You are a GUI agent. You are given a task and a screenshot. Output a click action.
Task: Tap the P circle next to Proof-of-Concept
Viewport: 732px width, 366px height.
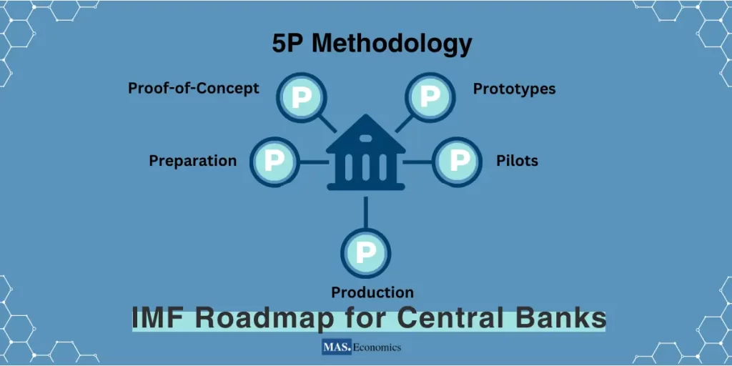[x=301, y=97]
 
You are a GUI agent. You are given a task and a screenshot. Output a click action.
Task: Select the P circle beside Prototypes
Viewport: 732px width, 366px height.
[x=430, y=97]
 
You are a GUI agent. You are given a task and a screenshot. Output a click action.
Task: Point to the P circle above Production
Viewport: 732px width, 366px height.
[x=365, y=253]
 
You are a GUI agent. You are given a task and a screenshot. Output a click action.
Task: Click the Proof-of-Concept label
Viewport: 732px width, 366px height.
[x=193, y=89]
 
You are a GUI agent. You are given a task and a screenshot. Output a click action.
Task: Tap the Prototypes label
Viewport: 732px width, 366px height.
[x=514, y=89]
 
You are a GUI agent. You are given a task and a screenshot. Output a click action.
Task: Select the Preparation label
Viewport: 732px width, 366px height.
[x=192, y=161]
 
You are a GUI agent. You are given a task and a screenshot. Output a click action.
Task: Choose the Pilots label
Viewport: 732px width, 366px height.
[x=517, y=161]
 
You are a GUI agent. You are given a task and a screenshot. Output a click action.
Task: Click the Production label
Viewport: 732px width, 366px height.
[x=372, y=292]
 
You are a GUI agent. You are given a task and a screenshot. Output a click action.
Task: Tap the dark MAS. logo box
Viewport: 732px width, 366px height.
[x=336, y=348]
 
